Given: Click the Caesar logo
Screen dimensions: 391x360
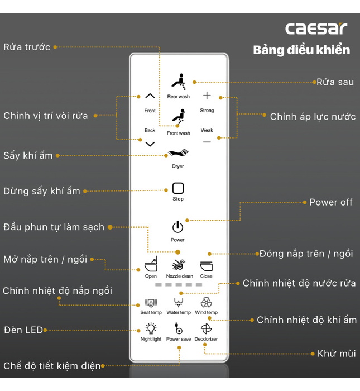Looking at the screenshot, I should tap(316, 28).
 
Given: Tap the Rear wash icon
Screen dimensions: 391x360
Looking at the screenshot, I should tap(178, 82).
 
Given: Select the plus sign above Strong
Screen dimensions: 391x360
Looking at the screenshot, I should tap(207, 96).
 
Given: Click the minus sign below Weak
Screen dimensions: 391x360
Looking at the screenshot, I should tap(207, 142).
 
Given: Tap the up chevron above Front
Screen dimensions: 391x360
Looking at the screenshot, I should tap(150, 96).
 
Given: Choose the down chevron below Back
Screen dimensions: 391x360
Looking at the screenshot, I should tap(150, 144).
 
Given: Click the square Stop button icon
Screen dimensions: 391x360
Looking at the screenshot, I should tap(178, 188).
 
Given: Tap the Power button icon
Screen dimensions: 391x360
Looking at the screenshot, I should tap(177, 227).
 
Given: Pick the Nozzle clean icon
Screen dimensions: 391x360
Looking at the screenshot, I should tap(179, 265).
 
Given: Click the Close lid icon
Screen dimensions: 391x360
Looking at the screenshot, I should tap(206, 265).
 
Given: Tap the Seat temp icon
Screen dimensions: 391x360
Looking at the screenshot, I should tap(151, 303).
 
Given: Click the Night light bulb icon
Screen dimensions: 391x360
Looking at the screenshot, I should tap(151, 328).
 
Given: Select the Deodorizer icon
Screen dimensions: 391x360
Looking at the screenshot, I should tap(206, 328).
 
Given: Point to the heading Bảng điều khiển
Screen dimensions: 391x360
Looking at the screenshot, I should tap(301, 50).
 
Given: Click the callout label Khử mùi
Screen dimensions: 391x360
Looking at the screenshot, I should tap(337, 354).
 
